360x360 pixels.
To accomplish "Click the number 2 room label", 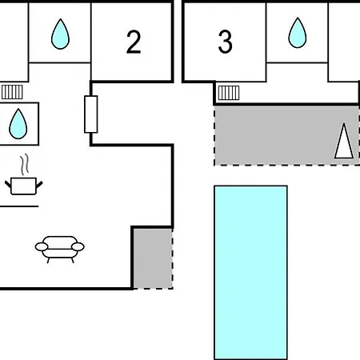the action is click(134, 42).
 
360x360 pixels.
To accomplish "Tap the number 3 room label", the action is click(226, 42).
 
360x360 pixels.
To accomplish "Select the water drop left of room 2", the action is click(60, 34).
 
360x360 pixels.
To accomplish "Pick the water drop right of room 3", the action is click(298, 33).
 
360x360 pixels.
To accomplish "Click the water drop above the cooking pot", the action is click(18, 124).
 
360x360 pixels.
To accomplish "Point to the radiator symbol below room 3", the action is click(229, 93).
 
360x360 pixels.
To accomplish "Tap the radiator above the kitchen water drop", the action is click(12, 92).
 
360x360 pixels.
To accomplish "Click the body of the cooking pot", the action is click(23, 186).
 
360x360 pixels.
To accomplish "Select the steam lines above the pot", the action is click(24, 164).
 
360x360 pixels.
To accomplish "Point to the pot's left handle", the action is click(8, 184).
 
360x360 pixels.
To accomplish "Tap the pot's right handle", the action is click(39, 185).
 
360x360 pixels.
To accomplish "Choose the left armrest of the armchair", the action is click(42, 247).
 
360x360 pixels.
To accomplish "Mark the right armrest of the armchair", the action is click(78, 247).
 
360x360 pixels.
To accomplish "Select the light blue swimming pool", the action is click(250, 273).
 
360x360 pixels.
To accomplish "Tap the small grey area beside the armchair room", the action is click(153, 258).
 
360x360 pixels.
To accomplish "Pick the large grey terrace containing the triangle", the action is click(286, 135).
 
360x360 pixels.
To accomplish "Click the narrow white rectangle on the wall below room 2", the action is click(91, 114).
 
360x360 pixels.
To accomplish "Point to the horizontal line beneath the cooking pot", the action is click(19, 206).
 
